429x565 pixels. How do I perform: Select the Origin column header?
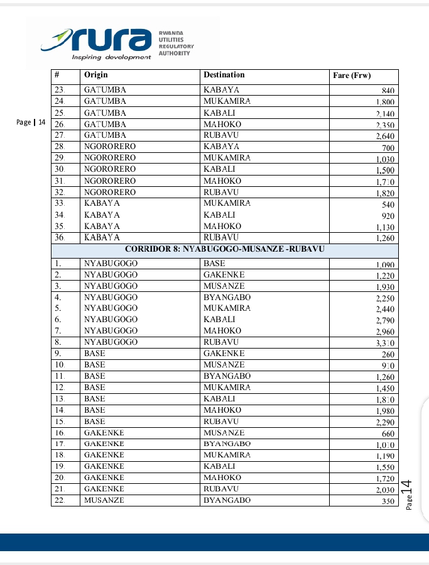[x=96, y=76]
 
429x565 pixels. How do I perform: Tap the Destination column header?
[x=224, y=76]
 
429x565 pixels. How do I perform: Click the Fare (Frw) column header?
[x=352, y=76]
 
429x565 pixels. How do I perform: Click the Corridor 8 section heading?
[x=224, y=250]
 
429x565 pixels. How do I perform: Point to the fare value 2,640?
[x=384, y=136]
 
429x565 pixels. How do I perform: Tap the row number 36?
[x=60, y=237]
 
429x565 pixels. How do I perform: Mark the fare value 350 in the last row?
[x=387, y=501]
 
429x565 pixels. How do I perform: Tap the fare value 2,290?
[x=384, y=422]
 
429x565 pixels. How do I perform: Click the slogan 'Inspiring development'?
[x=112, y=57]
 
